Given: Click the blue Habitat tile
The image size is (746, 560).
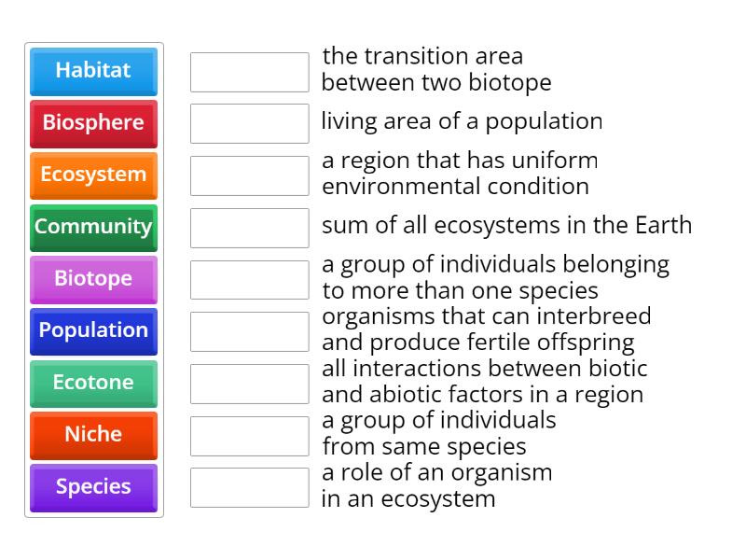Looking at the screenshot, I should [93, 71].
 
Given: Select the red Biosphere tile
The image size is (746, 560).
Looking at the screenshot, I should [93, 123].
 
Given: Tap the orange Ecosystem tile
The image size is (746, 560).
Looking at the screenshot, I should [93, 175].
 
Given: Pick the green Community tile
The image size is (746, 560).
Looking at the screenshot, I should [93, 227].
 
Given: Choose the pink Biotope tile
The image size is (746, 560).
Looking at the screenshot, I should [93, 279].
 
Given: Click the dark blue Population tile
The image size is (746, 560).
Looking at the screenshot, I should [93, 331].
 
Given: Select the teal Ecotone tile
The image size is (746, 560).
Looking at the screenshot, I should [93, 384].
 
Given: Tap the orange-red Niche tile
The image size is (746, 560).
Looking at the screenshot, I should [93, 435].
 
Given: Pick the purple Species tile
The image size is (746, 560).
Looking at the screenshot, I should [93, 487].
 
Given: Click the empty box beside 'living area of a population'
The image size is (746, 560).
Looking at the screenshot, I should [249, 123].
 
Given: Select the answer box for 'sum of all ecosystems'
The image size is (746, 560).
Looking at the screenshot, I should [249, 227].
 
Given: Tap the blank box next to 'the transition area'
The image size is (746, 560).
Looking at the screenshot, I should [249, 72].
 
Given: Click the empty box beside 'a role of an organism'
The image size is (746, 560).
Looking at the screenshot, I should [249, 487].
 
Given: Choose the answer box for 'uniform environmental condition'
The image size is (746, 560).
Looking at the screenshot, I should [249, 175].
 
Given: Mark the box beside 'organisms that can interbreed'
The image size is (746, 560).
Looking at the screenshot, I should [249, 331].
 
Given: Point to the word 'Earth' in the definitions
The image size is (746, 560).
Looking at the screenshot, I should [663, 226].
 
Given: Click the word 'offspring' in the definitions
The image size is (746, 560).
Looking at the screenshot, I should [590, 342].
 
